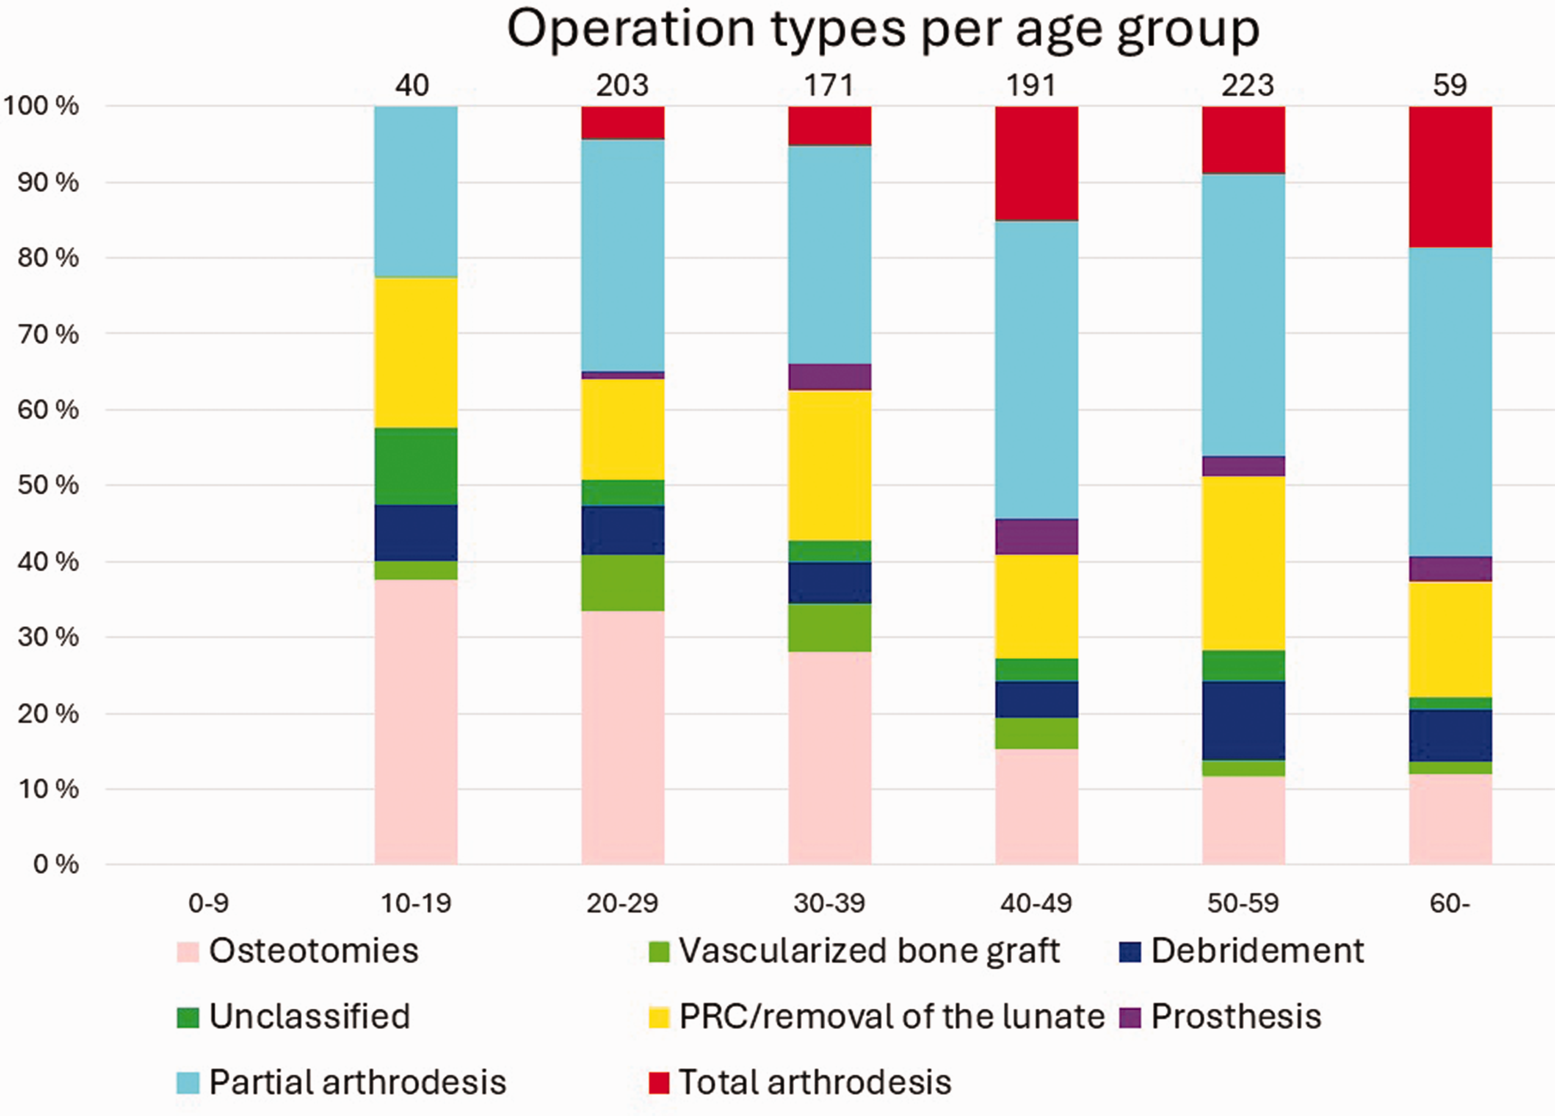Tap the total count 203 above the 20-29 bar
tap(622, 86)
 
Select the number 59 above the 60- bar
tap(1449, 86)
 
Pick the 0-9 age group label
tap(208, 903)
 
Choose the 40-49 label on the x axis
tap(1035, 903)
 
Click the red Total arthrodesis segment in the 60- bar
tap(1450, 177)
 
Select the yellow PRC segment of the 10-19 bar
tap(416, 352)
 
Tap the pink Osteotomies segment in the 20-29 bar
tap(623, 738)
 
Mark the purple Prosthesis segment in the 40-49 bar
tap(1037, 537)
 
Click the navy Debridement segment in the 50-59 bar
tap(1243, 721)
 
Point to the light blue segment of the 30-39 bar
tap(830, 255)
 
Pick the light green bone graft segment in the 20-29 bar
tap(623, 583)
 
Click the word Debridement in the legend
tap(1257, 951)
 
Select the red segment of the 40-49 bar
tap(1037, 163)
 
